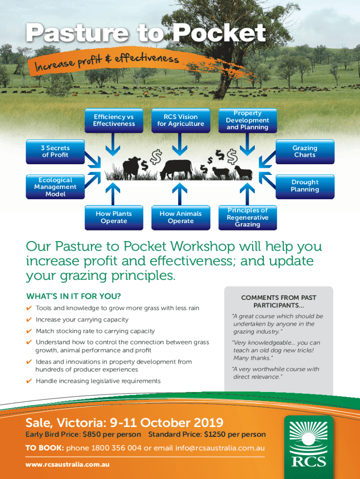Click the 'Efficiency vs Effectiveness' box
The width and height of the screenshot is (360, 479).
click(114, 120)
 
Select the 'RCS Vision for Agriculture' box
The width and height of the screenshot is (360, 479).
click(181, 120)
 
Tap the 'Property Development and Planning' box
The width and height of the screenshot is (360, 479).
click(248, 120)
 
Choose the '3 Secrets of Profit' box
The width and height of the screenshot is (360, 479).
click(55, 152)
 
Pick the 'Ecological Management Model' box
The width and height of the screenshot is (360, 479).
click(55, 187)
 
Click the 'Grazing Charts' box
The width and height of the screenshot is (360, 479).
click(305, 152)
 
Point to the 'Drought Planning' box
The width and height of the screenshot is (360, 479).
click(305, 187)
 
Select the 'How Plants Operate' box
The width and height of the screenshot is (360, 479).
click(114, 218)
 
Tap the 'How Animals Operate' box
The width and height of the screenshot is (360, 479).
click(181, 218)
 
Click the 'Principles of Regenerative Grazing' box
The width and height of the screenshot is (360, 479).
click(248, 218)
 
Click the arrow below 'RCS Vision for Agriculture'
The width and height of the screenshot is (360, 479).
click(180, 144)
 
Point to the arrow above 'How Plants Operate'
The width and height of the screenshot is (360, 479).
click(113, 194)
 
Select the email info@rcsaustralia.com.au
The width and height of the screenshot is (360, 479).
click(220, 448)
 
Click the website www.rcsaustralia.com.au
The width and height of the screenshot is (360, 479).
click(67, 464)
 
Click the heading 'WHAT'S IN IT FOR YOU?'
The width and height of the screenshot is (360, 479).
click(73, 296)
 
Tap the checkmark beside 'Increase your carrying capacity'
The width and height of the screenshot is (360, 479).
click(29, 319)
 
